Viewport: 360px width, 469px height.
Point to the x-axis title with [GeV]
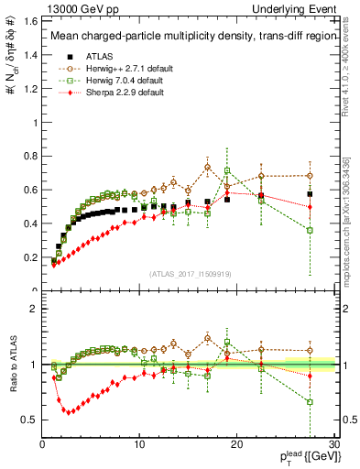pos(306,457)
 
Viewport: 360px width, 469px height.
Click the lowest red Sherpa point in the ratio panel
pos(67,411)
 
